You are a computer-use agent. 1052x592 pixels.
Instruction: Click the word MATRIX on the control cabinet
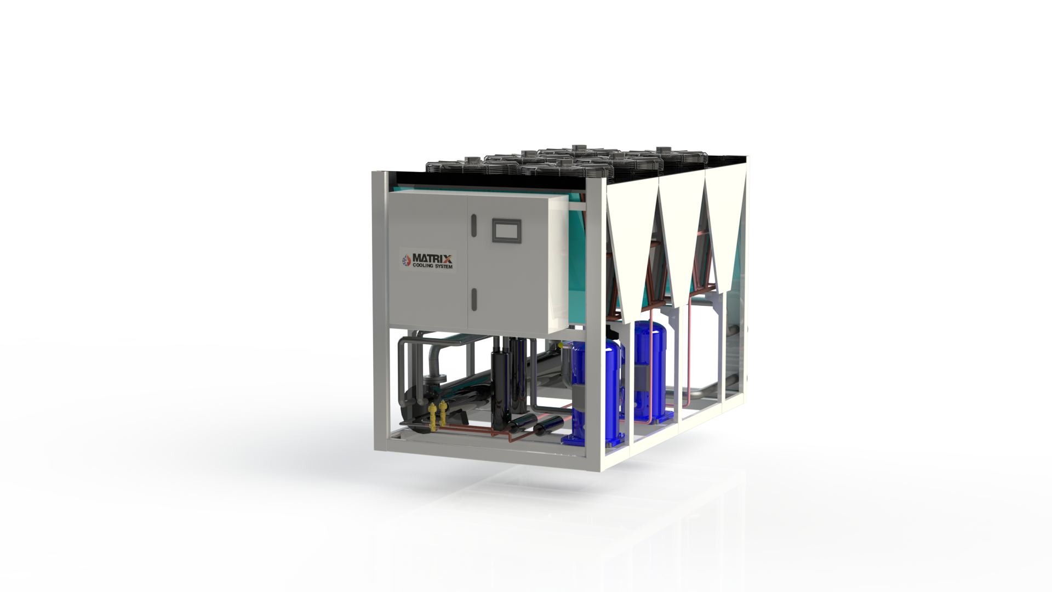(432, 258)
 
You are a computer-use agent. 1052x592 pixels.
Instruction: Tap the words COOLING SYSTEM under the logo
(433, 266)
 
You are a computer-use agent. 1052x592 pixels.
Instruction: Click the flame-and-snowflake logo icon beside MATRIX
(406, 260)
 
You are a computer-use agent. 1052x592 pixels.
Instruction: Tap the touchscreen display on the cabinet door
(506, 230)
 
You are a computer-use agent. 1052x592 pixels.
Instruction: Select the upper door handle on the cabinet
(474, 225)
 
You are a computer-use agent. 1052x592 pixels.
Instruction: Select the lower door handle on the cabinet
(474, 298)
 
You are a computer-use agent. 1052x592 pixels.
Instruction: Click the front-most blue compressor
(594, 390)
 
